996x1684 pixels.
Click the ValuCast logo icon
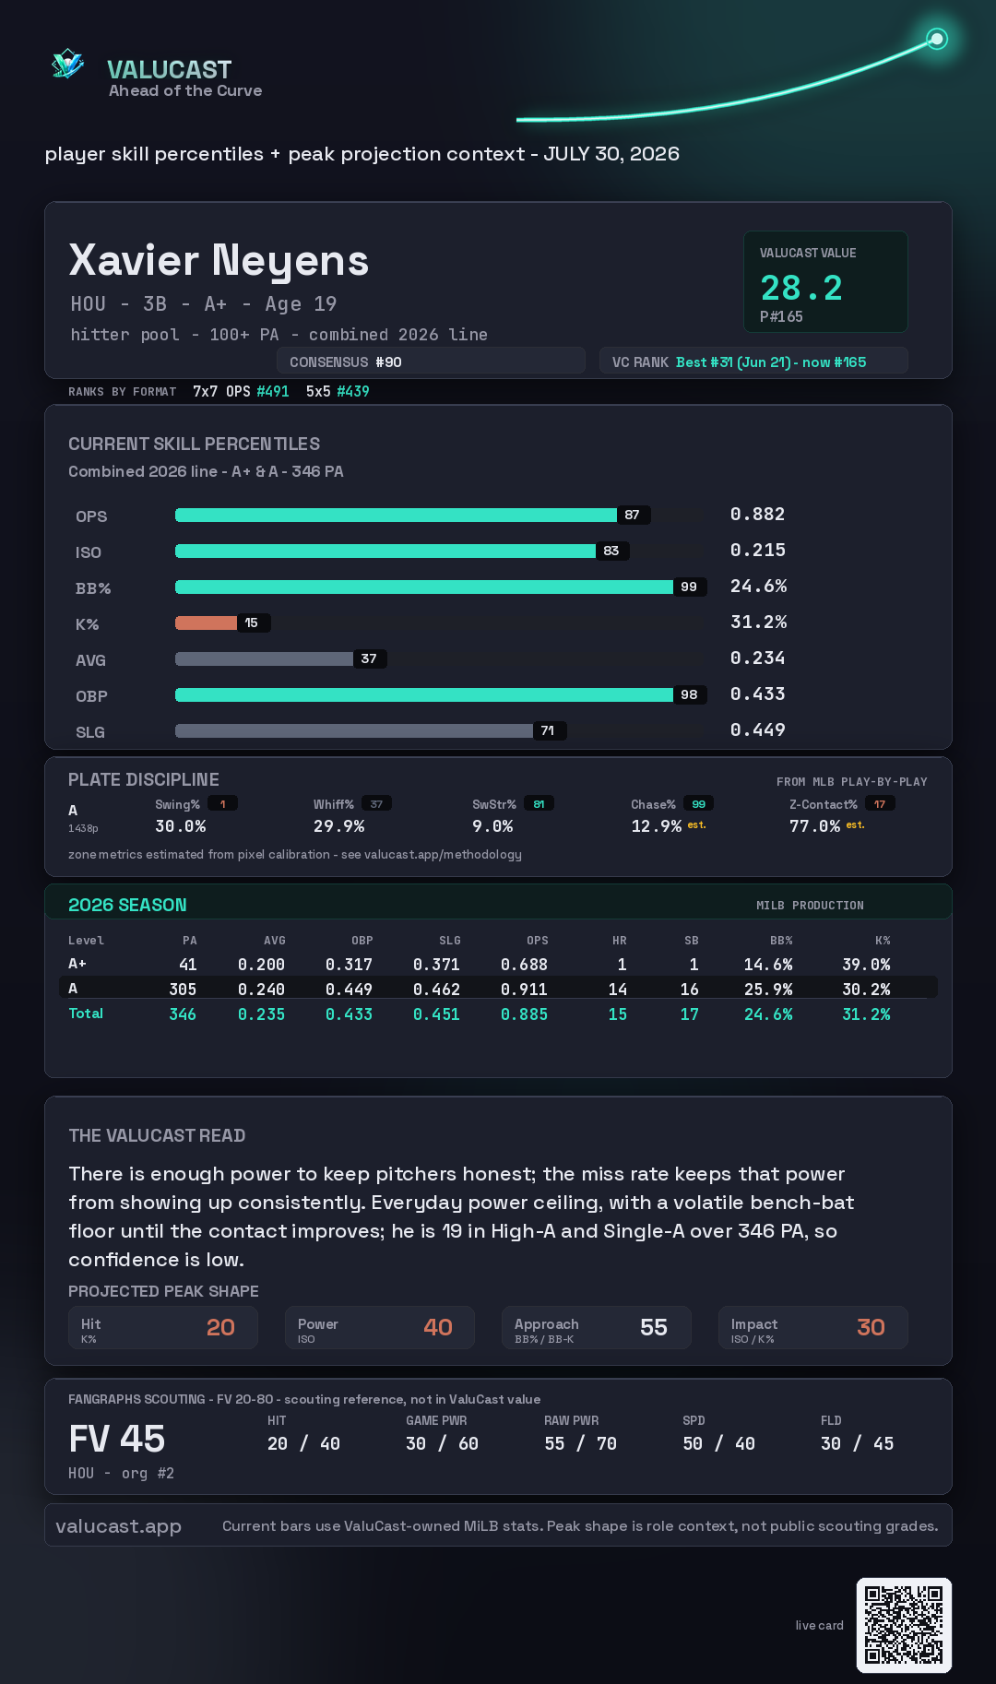pos(68,64)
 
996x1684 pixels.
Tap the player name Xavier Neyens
pos(219,261)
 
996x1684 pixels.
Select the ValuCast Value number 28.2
pos(801,288)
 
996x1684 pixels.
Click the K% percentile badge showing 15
pos(252,623)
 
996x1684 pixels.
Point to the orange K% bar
pos(207,623)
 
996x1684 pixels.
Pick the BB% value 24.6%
pos(758,587)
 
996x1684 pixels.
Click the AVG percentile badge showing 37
pos(369,658)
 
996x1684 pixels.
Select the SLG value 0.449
pos(757,730)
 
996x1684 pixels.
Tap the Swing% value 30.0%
pos(180,826)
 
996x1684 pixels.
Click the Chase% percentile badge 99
pos(699,804)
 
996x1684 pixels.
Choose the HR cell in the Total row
pos(618,1014)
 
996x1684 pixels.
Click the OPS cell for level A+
pos(524,965)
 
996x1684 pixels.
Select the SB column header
pos(692,941)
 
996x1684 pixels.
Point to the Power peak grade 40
pos(438,1327)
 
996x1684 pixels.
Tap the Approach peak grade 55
pos(654,1327)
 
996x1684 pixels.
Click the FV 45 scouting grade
pos(117,1439)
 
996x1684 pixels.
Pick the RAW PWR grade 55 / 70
pos(580,1444)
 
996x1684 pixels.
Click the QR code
pos(904,1625)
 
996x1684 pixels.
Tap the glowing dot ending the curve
pos(937,39)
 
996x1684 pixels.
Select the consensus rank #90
pos(388,362)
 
